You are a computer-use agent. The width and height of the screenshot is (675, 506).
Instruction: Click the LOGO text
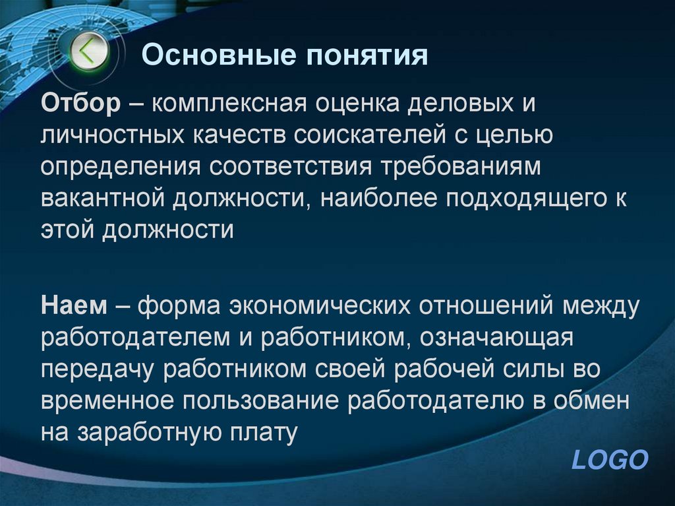610,459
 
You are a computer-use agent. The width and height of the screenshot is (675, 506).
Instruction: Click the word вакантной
105,198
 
